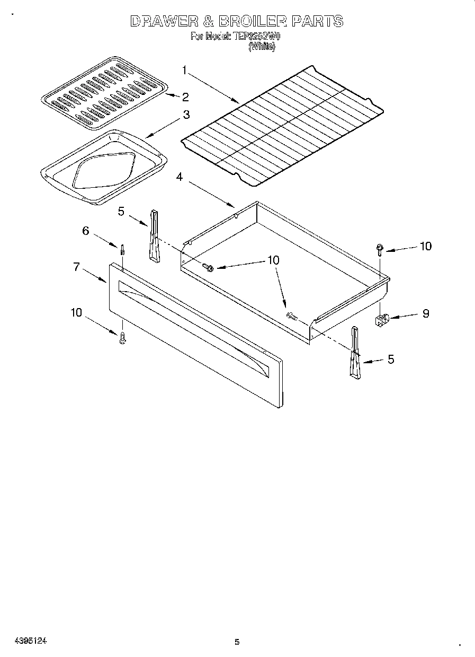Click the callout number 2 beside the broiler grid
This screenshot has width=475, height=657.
pos(185,97)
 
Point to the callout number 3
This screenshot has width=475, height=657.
pos(186,115)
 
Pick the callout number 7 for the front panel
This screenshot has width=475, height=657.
pos(77,267)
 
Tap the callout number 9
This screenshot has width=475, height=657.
pos(425,314)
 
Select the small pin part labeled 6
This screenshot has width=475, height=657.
pos(122,249)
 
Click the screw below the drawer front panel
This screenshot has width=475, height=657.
pos(123,337)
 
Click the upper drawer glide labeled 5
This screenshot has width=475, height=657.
pos(154,235)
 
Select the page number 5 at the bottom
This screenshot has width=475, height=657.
pos(237,642)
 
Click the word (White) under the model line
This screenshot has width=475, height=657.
pos(262,46)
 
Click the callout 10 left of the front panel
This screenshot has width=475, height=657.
pos(76,313)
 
